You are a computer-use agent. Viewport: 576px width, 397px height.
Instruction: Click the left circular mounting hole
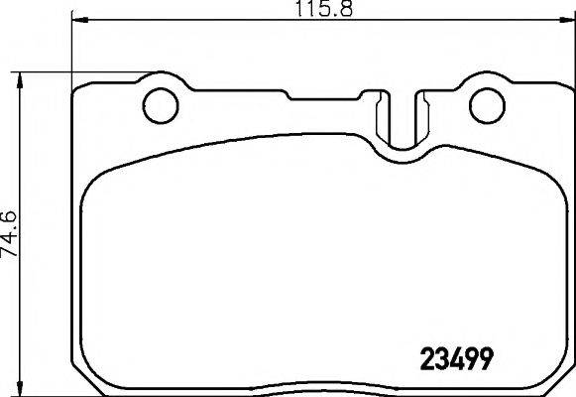pos(160,103)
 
